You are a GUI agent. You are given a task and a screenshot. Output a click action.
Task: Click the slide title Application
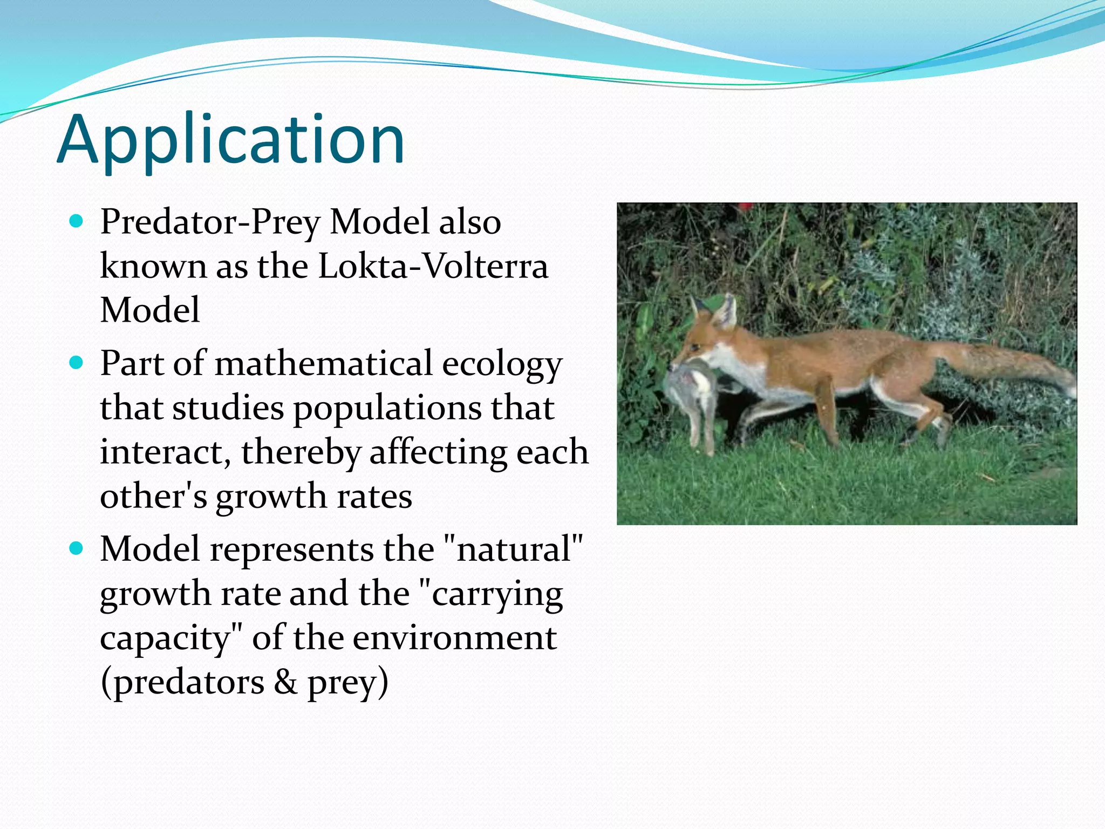pyautogui.click(x=230, y=140)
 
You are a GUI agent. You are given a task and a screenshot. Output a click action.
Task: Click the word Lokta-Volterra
pyautogui.click(x=433, y=266)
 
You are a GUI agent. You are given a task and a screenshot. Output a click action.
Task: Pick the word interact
pyautogui.click(x=166, y=452)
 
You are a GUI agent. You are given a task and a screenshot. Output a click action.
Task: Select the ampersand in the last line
pyautogui.click(x=285, y=682)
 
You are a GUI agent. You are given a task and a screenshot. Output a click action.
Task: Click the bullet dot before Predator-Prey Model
pyautogui.click(x=77, y=221)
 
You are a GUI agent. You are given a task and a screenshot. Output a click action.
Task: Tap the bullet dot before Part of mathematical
pyautogui.click(x=77, y=363)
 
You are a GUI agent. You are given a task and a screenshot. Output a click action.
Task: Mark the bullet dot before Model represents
pyautogui.click(x=77, y=549)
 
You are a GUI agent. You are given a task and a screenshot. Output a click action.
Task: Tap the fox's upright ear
pyautogui.click(x=726, y=311)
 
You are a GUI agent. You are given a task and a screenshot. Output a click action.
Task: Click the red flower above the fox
pyautogui.click(x=745, y=206)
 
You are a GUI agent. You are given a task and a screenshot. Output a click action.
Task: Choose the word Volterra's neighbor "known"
pyautogui.click(x=153, y=266)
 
